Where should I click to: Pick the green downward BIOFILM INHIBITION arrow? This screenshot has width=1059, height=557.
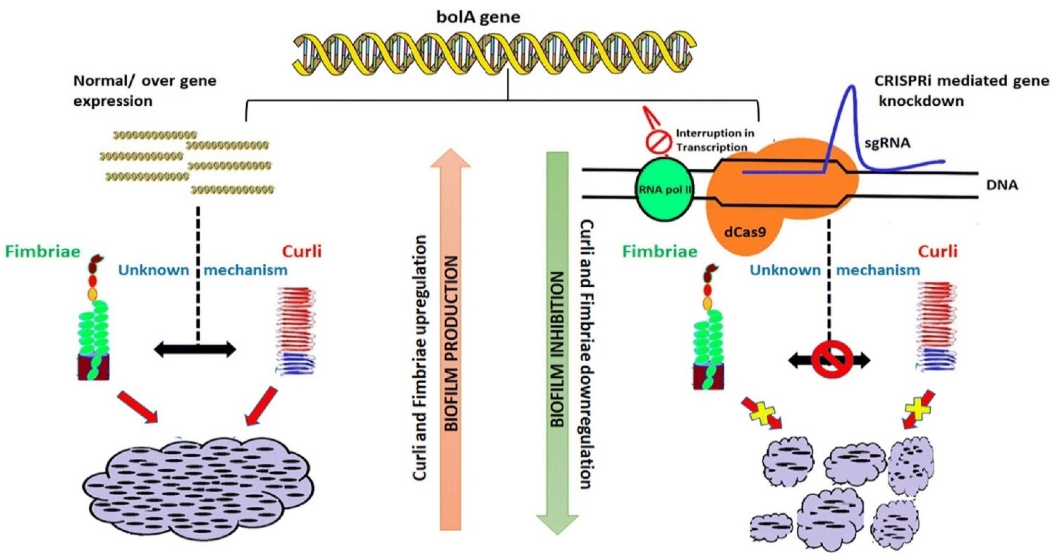pos(557,341)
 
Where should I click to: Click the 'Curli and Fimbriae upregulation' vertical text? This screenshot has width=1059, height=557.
pos(420,358)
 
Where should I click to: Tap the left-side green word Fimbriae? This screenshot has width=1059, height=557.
pos(42,251)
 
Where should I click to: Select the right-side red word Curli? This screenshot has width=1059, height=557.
pos(938,251)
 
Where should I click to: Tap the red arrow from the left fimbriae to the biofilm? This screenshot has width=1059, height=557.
pos(138,406)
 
